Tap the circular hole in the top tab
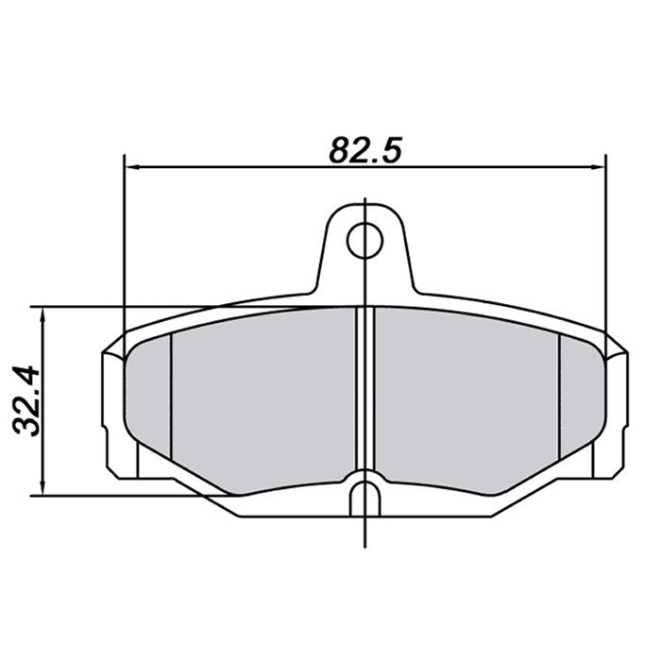pyautogui.click(x=364, y=241)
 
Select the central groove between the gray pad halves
pyautogui.click(x=364, y=392)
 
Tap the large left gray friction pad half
pyautogui.click(x=264, y=397)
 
